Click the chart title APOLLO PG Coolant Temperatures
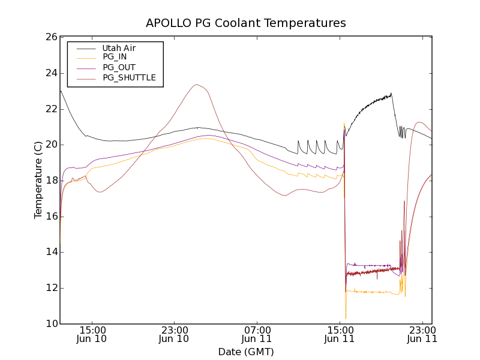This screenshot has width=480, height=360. click(246, 23)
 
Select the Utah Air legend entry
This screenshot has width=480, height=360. click(118, 47)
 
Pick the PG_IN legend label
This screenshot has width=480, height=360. click(115, 57)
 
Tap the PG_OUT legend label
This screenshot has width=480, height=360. click(119, 67)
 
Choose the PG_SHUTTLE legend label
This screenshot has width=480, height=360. click(129, 77)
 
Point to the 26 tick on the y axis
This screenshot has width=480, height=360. click(50, 37)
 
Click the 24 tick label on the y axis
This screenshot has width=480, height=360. click(50, 73)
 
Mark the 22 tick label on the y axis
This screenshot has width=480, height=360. click(50, 109)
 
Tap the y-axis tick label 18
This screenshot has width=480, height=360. click(50, 181)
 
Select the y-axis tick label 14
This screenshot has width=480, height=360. click(50, 252)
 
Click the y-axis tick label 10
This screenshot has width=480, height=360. click(50, 324)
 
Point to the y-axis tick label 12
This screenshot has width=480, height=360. click(50, 288)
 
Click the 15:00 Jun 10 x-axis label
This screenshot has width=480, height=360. click(93, 334)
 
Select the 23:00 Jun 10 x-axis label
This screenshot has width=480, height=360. click(175, 334)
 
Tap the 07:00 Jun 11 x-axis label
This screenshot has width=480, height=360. click(257, 334)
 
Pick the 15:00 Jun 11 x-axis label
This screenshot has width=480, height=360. click(340, 334)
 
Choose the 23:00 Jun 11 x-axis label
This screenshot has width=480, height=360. click(422, 334)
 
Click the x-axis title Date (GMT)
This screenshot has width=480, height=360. click(246, 352)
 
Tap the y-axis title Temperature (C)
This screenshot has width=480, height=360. click(38, 180)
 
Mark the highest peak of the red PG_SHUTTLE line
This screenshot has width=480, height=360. click(196, 84)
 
